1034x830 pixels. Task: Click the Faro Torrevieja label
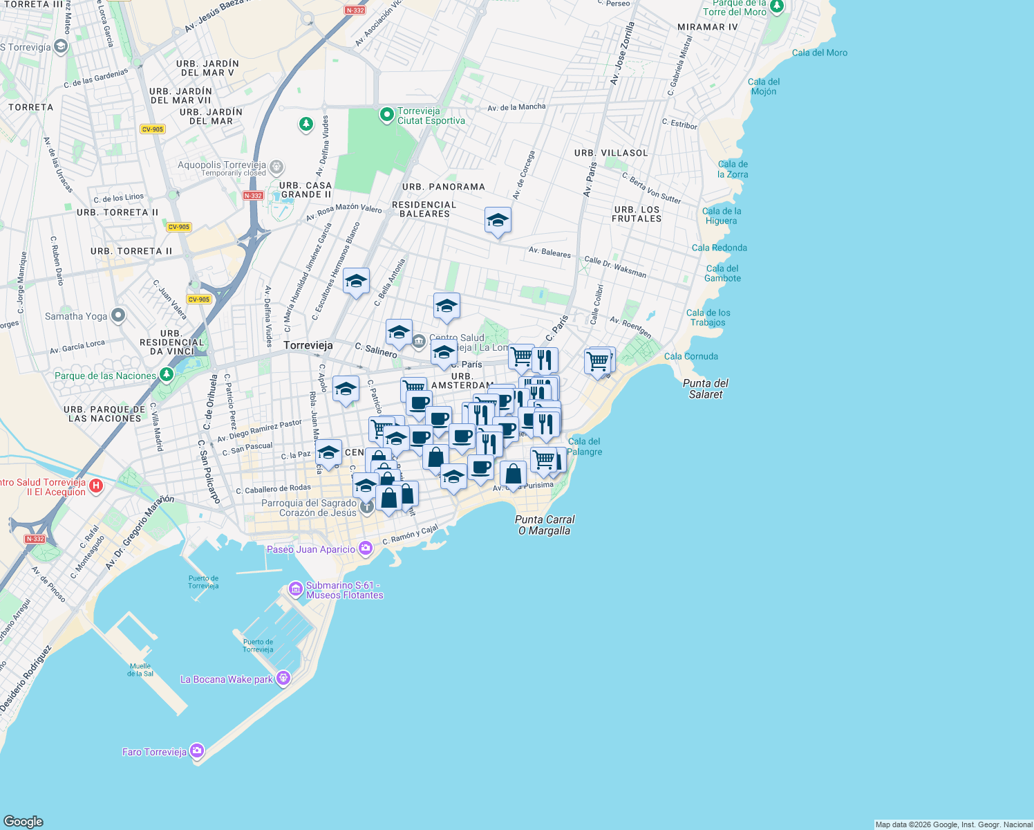[154, 752]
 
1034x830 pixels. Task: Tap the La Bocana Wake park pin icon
[283, 678]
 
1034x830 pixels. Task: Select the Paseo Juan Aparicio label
[311, 549]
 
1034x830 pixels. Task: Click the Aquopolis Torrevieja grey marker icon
[276, 167]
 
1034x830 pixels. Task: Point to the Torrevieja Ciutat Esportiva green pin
[387, 114]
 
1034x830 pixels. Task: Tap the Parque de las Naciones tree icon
[166, 374]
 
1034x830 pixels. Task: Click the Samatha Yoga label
[76, 316]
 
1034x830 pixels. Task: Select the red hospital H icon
[96, 486]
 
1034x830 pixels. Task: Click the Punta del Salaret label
[706, 389]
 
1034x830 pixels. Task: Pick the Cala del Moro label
[819, 53]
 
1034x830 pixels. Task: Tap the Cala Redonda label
[719, 248]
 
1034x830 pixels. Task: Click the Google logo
[23, 821]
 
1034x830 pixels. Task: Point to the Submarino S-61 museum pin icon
[296, 589]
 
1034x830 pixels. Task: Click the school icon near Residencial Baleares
[498, 221]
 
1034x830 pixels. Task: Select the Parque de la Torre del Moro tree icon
[777, 6]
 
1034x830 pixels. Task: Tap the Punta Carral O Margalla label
[545, 525]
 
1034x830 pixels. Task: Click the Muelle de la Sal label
[140, 670]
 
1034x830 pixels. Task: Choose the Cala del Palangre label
[584, 446]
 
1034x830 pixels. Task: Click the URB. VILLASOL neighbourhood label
[611, 153]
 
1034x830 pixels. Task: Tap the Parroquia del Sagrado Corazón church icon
[367, 507]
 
